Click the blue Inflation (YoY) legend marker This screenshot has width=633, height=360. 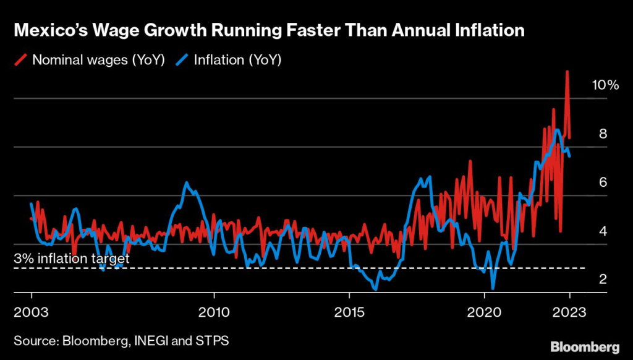(x=183, y=60)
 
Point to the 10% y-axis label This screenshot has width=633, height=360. (x=605, y=85)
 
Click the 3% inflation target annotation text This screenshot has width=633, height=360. (x=72, y=259)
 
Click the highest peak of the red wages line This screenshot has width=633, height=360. (x=566, y=72)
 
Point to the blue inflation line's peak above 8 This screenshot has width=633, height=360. (x=558, y=130)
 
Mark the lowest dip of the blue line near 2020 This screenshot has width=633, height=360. (x=493, y=288)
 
